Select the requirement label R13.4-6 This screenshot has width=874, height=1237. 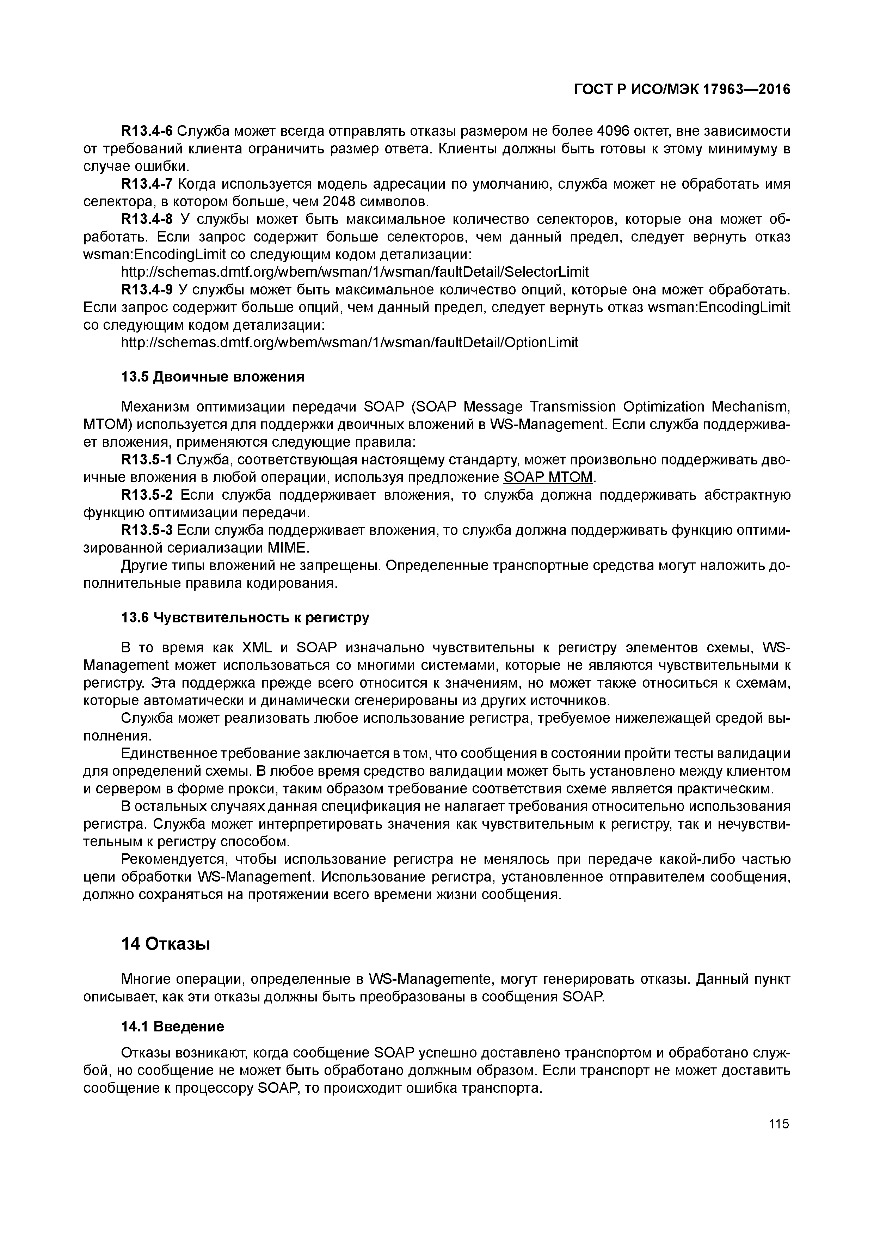pyautogui.click(x=147, y=131)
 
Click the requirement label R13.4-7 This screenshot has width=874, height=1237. pyautogui.click(x=147, y=184)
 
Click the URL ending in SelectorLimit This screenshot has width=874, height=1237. pyautogui.click(x=355, y=272)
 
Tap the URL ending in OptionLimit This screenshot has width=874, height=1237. pyautogui.click(x=350, y=343)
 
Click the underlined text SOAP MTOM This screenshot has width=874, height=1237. pyautogui.click(x=548, y=477)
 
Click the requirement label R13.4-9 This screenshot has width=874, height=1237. pyautogui.click(x=147, y=290)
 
